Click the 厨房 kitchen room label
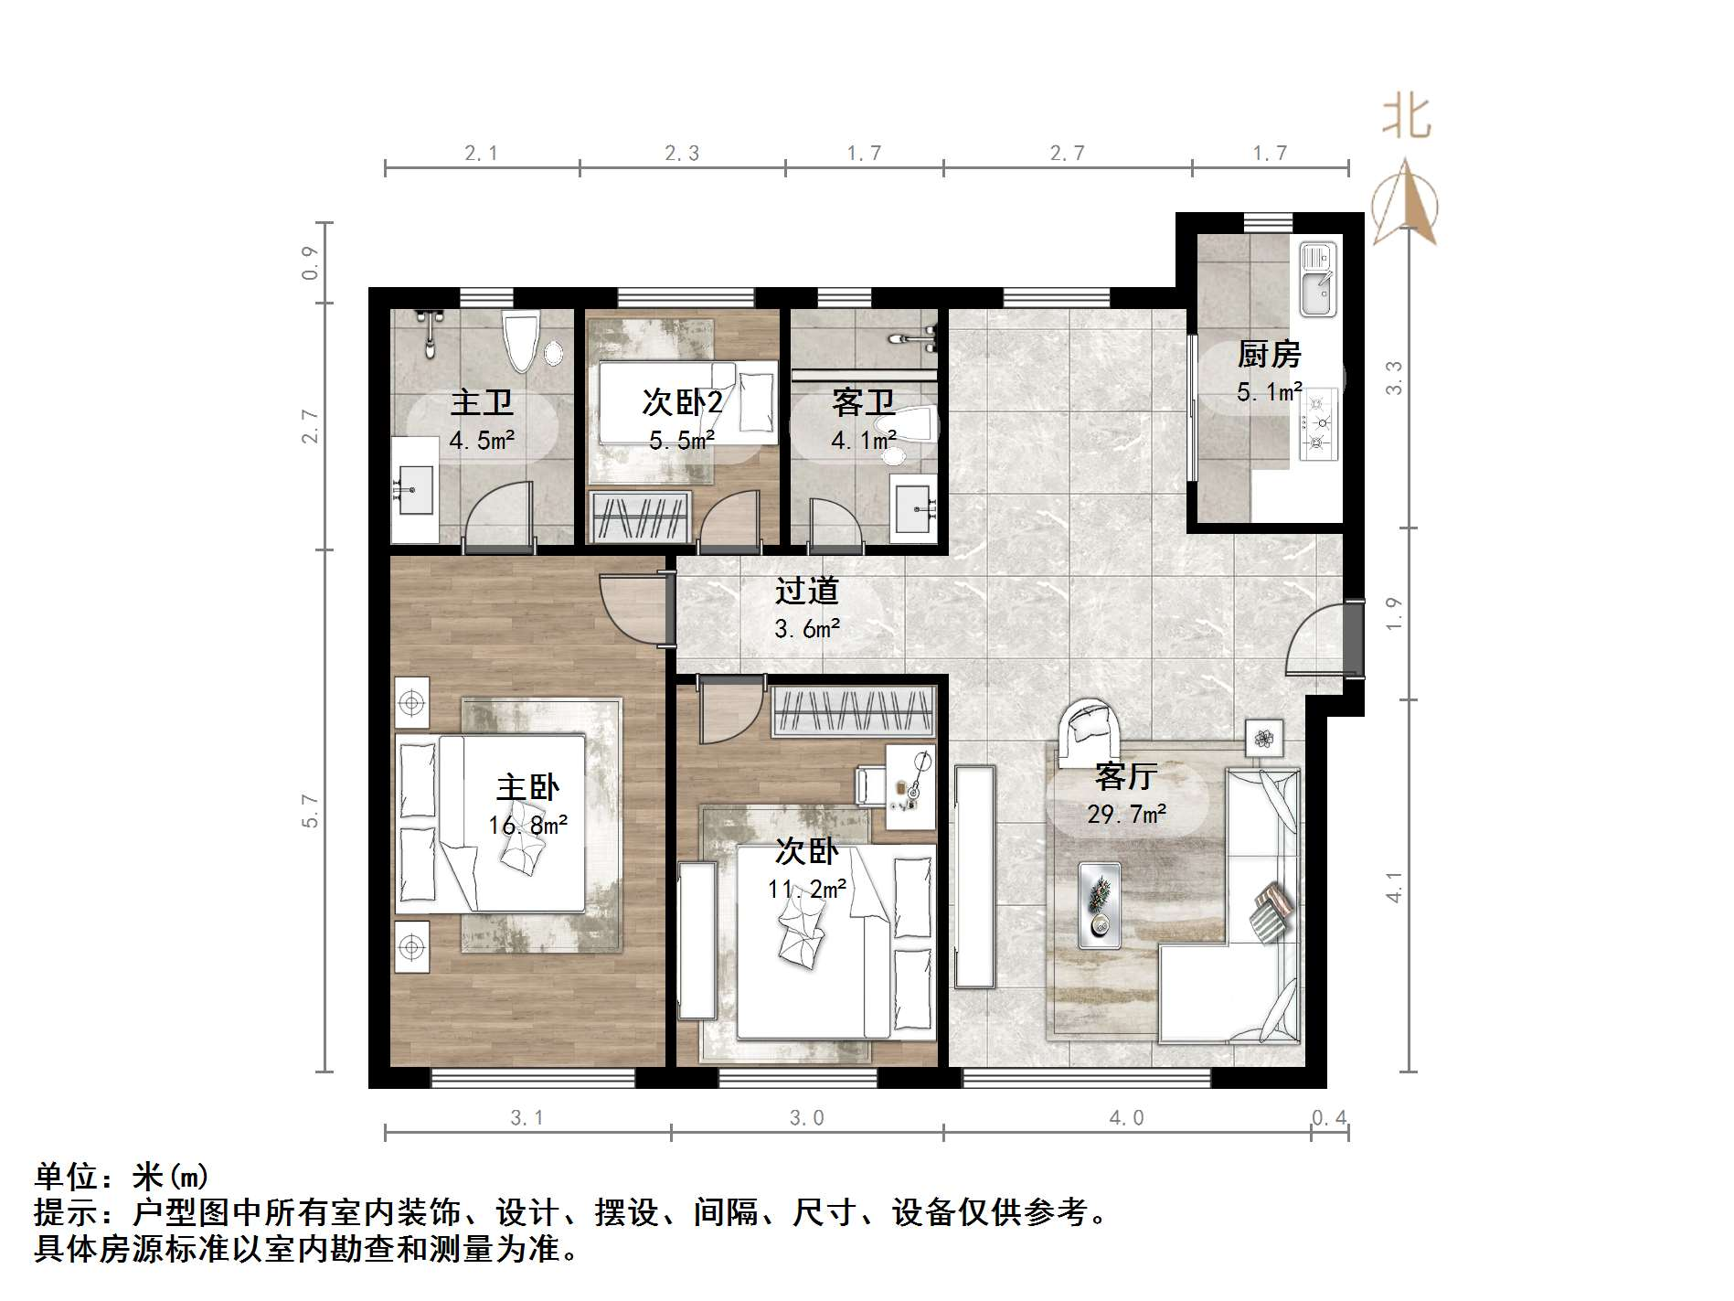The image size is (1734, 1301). click(1269, 355)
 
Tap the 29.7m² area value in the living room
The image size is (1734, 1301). click(1126, 814)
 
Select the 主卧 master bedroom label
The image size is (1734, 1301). click(527, 787)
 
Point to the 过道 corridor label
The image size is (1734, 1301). click(806, 591)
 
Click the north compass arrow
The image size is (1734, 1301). click(1405, 204)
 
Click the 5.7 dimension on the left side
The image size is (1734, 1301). click(311, 811)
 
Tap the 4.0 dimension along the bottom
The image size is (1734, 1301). click(1126, 1117)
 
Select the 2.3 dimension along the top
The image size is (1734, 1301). click(682, 154)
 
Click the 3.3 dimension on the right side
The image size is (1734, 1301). click(1394, 378)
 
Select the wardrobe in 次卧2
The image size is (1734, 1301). click(640, 517)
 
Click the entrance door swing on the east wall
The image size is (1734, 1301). click(1316, 640)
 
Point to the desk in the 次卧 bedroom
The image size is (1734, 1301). click(910, 787)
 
